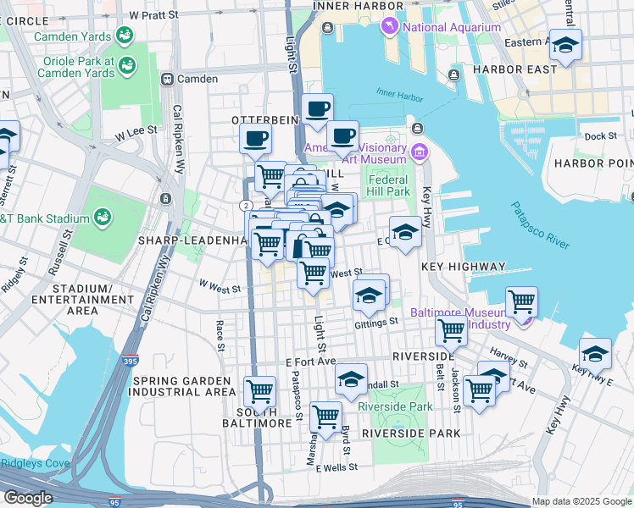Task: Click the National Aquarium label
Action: click(x=451, y=27)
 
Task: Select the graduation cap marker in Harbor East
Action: click(x=565, y=45)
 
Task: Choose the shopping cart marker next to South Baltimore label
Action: click(x=259, y=392)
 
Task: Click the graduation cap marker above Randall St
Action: click(x=351, y=380)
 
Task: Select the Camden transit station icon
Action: click(x=168, y=79)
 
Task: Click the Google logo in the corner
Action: click(x=28, y=498)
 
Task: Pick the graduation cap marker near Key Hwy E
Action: click(x=595, y=353)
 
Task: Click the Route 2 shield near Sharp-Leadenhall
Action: click(x=244, y=205)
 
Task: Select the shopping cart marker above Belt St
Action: click(x=451, y=331)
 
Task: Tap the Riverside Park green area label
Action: click(x=396, y=406)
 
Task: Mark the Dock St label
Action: click(x=600, y=135)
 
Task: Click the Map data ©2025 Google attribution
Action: click(x=581, y=501)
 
